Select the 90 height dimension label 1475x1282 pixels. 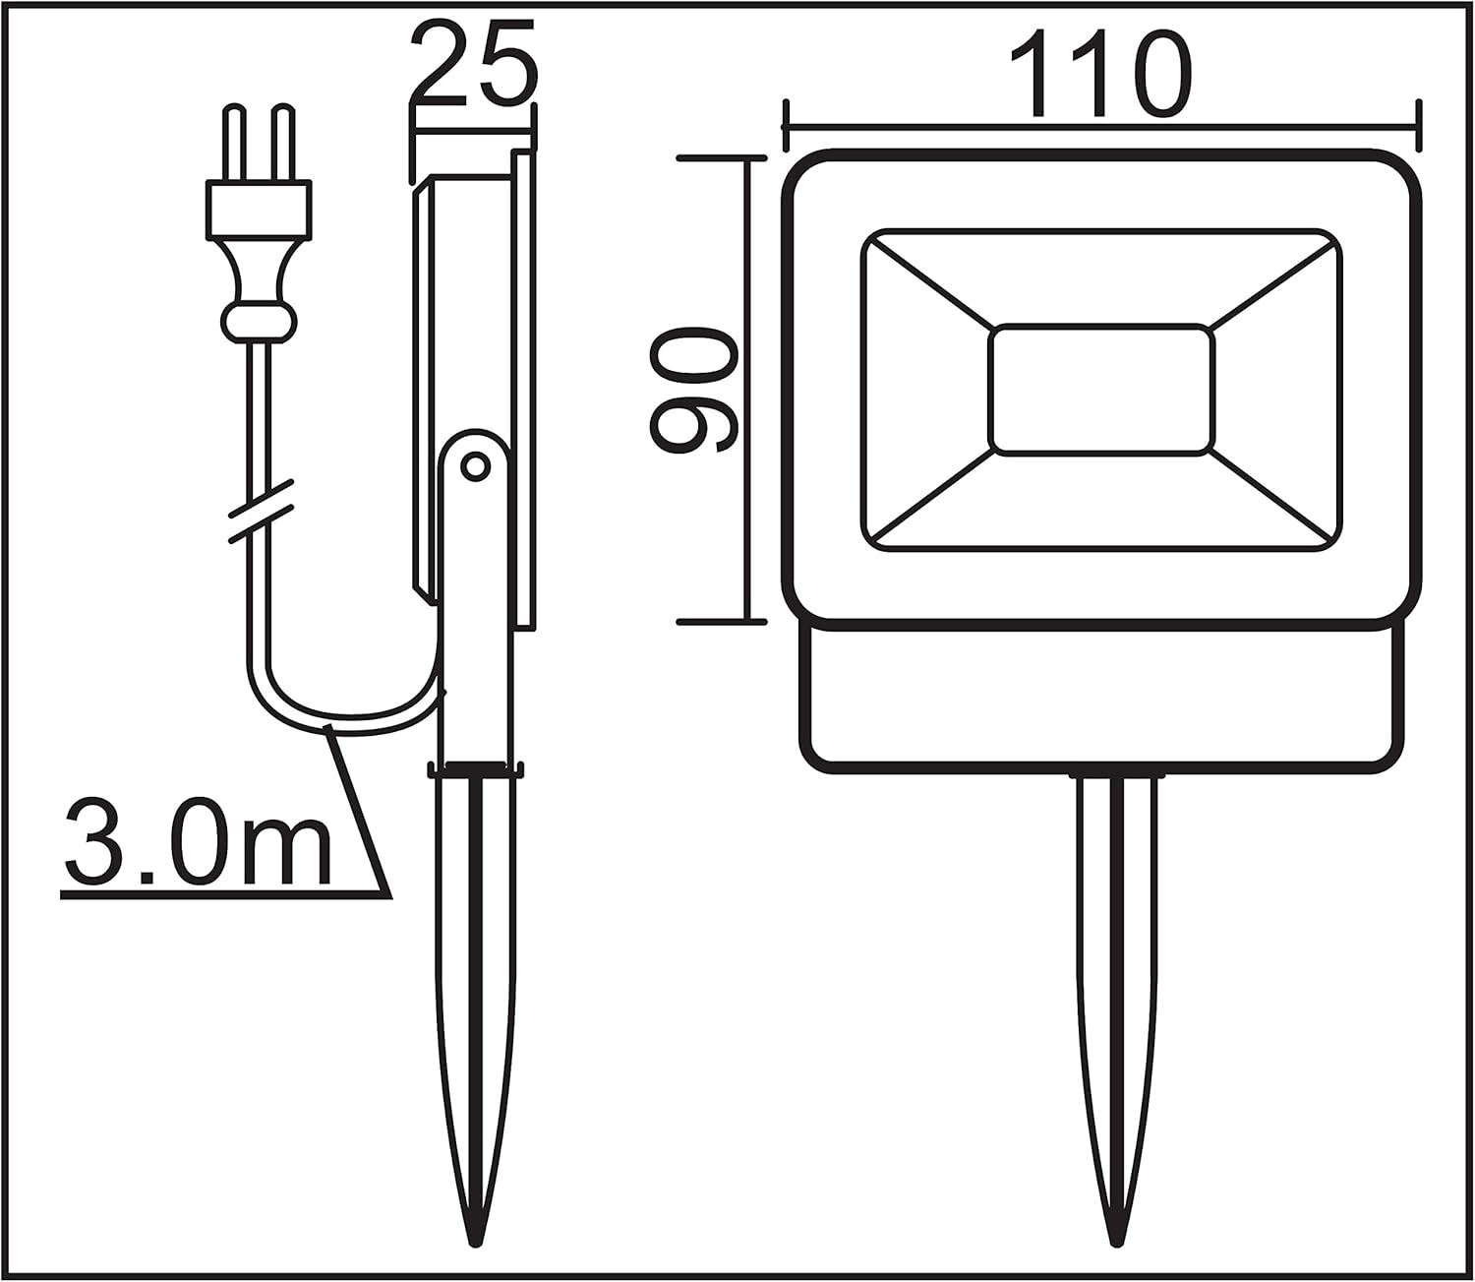[693, 390]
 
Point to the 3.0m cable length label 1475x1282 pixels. [198, 842]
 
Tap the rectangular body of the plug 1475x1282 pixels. [259, 210]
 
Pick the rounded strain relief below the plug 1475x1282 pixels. [259, 323]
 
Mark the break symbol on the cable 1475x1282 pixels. [261, 511]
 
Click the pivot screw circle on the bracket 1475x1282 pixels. [475, 467]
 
